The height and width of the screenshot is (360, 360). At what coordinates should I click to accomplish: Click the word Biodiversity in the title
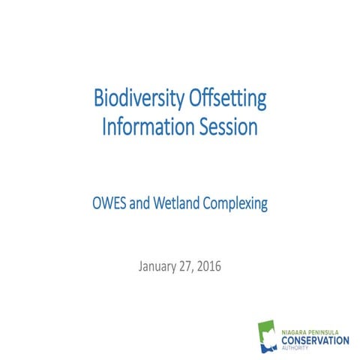[135, 98]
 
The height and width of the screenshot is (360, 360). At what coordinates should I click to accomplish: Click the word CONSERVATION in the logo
[315, 340]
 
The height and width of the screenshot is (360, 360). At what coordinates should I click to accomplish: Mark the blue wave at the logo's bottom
[266, 347]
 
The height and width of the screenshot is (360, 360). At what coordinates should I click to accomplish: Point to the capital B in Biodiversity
[98, 98]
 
